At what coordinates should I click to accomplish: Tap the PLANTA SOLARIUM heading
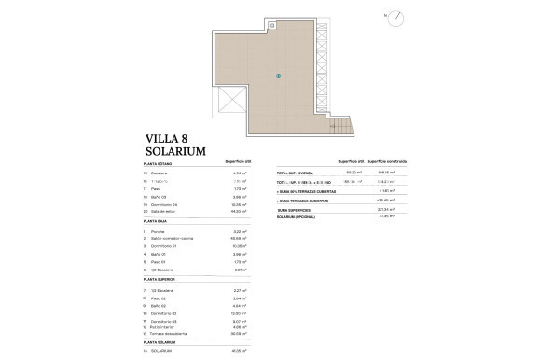point(156,344)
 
